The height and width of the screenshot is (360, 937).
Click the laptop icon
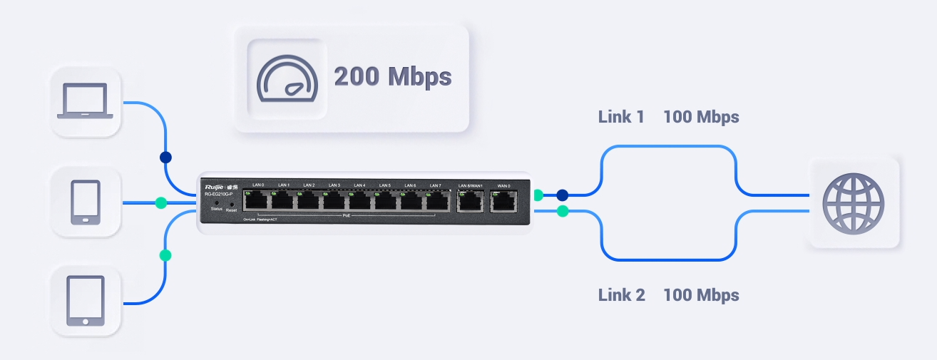85,101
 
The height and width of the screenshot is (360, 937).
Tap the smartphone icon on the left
86,202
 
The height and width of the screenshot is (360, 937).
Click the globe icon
853,202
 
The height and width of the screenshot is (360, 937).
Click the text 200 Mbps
392,76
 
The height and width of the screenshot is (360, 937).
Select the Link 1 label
621,117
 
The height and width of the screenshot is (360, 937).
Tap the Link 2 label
621,294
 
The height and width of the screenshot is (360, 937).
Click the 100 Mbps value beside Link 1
701,117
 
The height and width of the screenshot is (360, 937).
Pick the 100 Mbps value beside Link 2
701,294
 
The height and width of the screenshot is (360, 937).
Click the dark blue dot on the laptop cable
166,157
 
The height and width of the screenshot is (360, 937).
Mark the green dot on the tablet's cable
165,254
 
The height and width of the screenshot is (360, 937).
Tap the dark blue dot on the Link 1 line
563,194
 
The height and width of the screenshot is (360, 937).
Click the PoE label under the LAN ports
347,215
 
